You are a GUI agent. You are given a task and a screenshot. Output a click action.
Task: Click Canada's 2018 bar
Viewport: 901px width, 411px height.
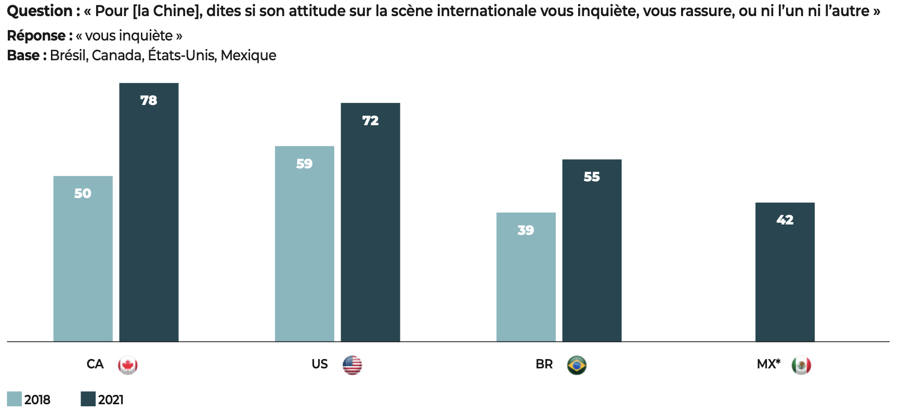pos(83,260)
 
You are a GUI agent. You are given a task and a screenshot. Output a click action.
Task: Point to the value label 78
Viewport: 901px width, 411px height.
pos(149,100)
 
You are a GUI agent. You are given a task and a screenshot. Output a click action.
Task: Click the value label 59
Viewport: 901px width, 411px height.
pos(304,164)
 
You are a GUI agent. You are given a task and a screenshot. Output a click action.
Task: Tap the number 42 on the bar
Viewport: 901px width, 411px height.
pos(785,220)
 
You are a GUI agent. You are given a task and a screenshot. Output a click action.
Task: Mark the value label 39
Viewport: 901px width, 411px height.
pos(526,230)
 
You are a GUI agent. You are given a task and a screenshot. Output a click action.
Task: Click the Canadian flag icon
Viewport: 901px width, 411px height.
pos(127,365)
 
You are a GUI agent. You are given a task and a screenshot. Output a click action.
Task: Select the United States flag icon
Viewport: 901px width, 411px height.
pos(352,365)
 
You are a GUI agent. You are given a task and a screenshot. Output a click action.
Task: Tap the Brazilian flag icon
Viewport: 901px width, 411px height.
pos(577,365)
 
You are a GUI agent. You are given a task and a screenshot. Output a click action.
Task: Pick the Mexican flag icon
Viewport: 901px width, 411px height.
pos(801,365)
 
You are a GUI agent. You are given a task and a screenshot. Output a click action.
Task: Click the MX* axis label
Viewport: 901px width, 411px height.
pos(768,364)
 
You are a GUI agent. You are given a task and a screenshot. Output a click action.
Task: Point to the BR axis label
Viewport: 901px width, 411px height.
pos(544,364)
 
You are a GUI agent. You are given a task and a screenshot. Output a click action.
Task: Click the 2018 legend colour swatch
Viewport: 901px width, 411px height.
pos(15,399)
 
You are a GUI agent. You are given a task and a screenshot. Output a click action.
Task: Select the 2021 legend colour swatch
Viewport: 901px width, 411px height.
pos(88,399)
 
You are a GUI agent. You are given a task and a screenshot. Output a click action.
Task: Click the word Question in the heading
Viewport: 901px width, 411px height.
pos(40,11)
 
